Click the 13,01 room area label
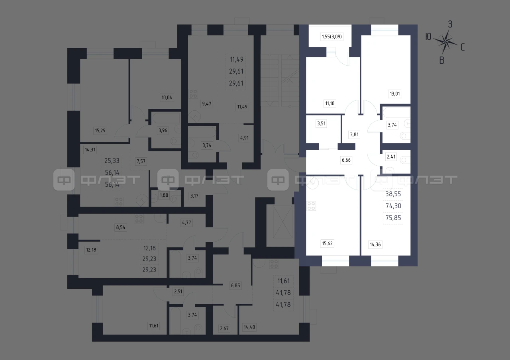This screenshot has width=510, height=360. [x=395, y=94]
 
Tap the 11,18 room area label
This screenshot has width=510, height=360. [x=330, y=104]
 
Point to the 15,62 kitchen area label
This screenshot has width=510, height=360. [x=328, y=243]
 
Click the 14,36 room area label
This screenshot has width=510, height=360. [x=375, y=245]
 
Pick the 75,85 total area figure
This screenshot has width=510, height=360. [x=393, y=218]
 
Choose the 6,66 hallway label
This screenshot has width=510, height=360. [x=346, y=160]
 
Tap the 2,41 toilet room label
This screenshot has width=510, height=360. [x=391, y=157]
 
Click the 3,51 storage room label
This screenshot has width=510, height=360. [x=322, y=123]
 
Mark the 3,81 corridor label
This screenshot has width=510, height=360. [x=354, y=135]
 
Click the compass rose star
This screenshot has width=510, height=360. [x=445, y=42]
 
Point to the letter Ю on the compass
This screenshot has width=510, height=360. [x=428, y=37]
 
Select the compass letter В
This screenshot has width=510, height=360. [x=442, y=60]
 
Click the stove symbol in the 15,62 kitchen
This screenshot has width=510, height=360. [x=311, y=206]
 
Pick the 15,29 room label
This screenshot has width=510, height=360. [x=100, y=131]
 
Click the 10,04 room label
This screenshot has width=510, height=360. [x=167, y=98]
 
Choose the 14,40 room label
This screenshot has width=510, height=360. [x=249, y=327]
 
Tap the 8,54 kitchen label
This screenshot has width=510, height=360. [x=121, y=227]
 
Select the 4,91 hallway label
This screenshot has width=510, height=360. [x=244, y=138]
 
